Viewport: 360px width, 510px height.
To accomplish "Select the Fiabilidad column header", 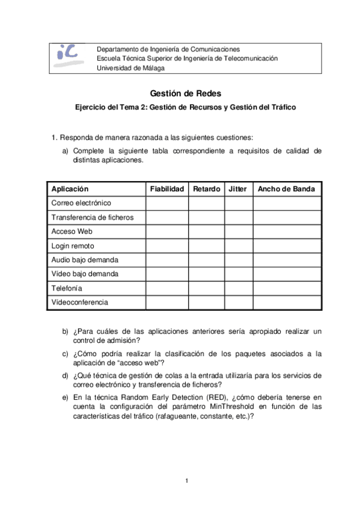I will [167, 189].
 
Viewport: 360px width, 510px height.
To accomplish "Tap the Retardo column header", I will [207, 189].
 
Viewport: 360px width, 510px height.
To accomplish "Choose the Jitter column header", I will [238, 189].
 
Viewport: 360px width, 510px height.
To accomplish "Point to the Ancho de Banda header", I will [286, 189].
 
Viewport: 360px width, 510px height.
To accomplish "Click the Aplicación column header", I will [70, 189].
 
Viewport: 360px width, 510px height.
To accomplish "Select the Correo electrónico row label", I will [81, 203].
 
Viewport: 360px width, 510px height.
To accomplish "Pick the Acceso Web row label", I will [72, 232].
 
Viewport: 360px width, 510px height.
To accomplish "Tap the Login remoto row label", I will [73, 246].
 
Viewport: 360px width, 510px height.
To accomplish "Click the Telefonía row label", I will [68, 288].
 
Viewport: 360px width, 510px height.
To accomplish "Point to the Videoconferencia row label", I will [79, 303].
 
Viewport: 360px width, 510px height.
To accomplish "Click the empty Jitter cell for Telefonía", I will [239, 288].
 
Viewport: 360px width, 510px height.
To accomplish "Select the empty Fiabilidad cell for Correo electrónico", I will [167, 203].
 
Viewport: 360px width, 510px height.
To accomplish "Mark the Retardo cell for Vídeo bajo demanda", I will [207, 274].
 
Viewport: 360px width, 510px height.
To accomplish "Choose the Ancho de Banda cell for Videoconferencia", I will [287, 303].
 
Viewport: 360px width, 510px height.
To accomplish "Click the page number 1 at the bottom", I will [187, 480].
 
